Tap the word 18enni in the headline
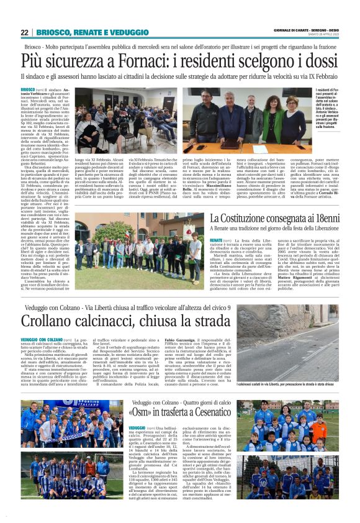tap(328, 218)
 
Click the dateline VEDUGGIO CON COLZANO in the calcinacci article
tap(41, 339)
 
